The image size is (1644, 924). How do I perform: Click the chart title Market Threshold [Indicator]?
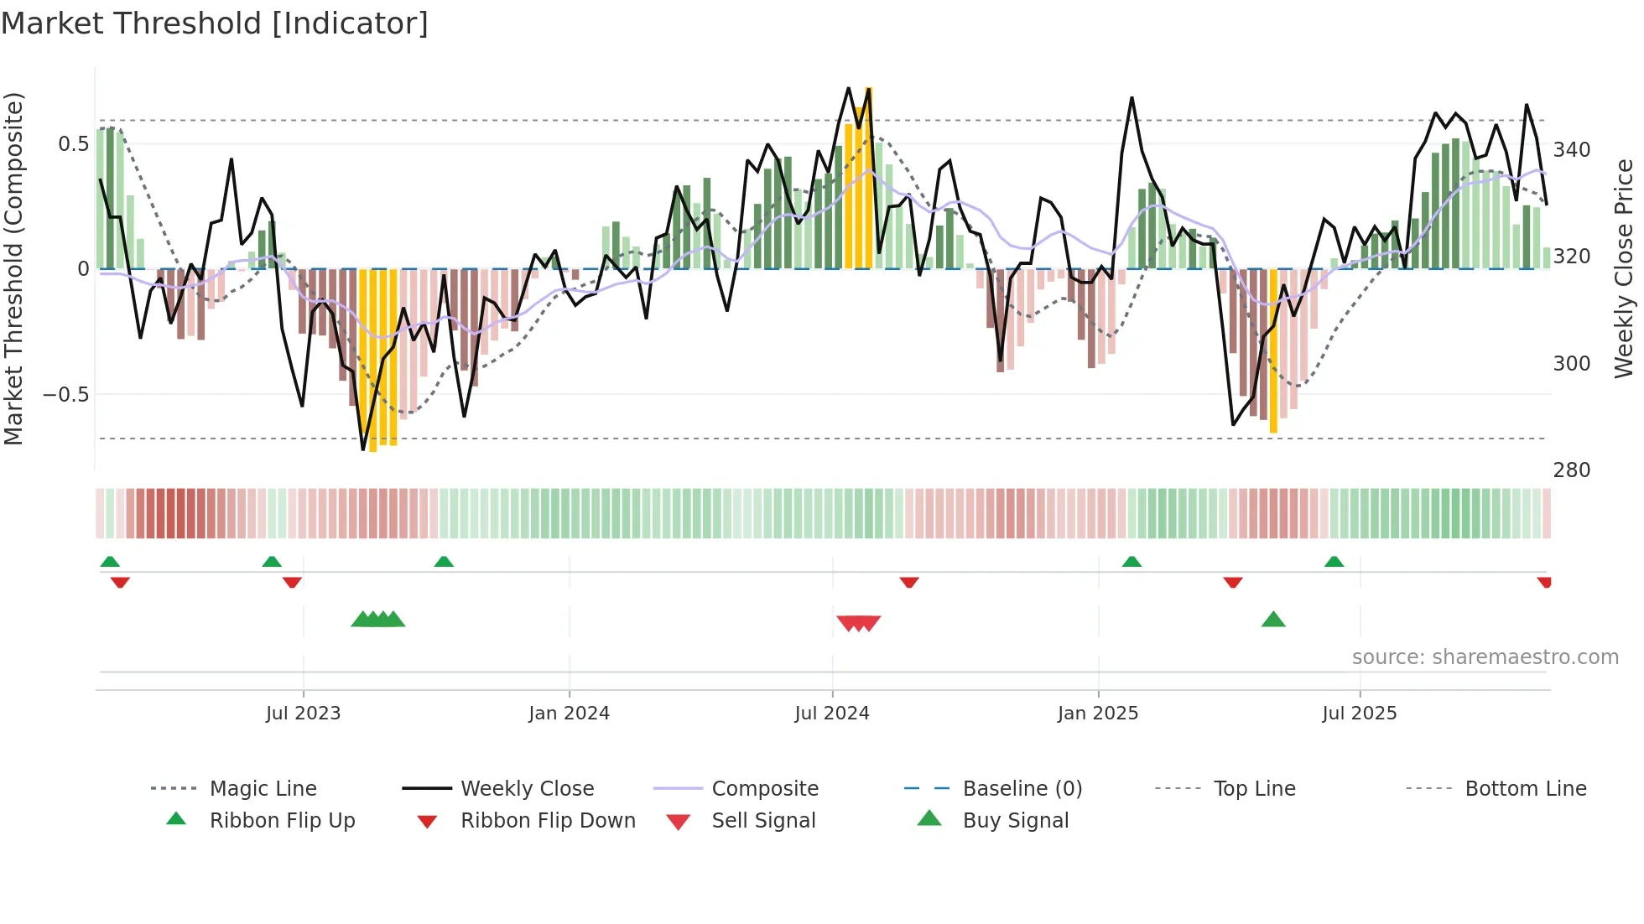point(215,23)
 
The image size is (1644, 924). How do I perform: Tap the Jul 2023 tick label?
point(303,714)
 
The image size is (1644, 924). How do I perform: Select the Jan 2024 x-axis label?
point(569,714)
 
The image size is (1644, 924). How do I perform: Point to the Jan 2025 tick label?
point(1097,714)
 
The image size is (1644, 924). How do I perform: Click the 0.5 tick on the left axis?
point(73,144)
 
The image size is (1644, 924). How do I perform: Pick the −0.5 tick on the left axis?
point(66,394)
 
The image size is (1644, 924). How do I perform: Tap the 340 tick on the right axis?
point(1571,150)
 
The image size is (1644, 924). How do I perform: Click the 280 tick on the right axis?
point(1571,470)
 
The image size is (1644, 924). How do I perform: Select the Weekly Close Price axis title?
point(1624,268)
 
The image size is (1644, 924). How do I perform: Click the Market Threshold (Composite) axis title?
point(14,268)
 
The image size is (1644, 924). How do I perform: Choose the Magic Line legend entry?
point(263,789)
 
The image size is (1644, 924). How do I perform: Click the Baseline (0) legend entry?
point(1022,789)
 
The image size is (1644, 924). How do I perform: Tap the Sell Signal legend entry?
point(762,821)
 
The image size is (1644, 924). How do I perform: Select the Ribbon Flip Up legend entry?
point(282,821)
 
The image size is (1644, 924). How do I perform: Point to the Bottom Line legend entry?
point(1525,789)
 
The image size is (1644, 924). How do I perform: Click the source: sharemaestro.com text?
point(1485,657)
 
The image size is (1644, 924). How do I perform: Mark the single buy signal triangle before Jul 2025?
point(1273,620)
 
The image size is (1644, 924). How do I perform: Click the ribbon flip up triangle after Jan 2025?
point(1132,561)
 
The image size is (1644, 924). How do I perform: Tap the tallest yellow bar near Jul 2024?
point(869,178)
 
